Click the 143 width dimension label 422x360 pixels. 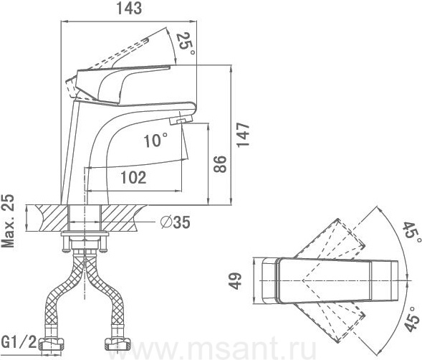click(x=129, y=9)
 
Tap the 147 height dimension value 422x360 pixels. click(x=243, y=135)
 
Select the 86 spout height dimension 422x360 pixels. click(x=220, y=164)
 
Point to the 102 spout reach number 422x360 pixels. click(x=133, y=178)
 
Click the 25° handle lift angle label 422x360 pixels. click(x=185, y=43)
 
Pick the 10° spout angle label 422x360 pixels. click(x=155, y=140)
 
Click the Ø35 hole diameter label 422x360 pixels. click(x=176, y=222)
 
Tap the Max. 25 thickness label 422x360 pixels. click(x=8, y=220)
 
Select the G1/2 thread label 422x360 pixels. click(x=19, y=342)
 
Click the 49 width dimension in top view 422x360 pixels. click(x=236, y=281)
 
